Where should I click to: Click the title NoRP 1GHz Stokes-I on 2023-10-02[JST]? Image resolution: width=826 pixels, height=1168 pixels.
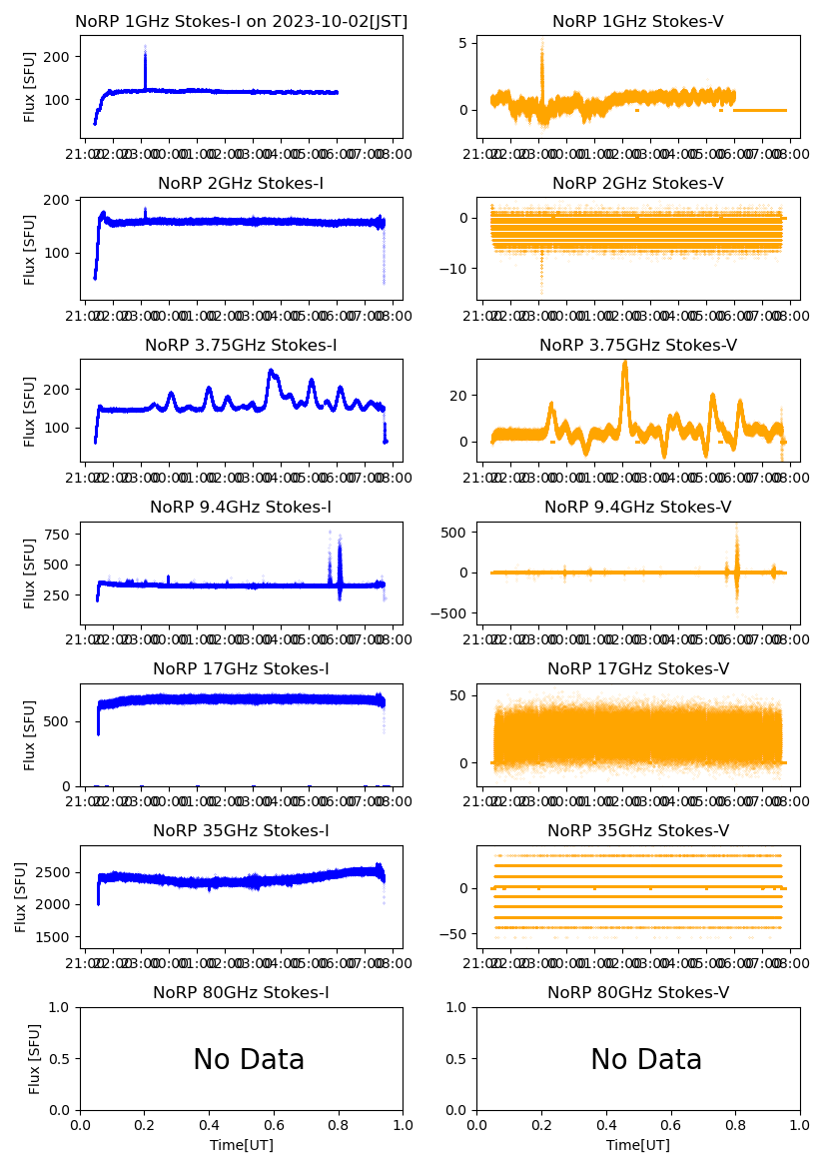click(241, 21)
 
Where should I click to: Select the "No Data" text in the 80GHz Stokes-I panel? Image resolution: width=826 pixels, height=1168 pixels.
click(249, 1059)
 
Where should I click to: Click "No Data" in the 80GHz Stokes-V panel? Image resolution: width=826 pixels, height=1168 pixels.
click(646, 1059)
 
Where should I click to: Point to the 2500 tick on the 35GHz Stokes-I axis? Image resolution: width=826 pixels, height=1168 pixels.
click(56, 872)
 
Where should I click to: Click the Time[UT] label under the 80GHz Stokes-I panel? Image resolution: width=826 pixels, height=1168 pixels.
click(242, 1145)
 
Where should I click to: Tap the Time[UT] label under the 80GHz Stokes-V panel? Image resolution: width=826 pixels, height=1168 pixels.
click(638, 1145)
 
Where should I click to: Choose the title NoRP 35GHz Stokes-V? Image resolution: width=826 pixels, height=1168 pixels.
click(638, 831)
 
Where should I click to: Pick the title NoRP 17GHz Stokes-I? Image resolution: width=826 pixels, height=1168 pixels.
click(241, 669)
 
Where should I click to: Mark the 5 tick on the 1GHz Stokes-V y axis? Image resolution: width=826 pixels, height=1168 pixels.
click(463, 43)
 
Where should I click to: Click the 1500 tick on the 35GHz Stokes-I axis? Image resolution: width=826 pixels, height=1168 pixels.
click(56, 937)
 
